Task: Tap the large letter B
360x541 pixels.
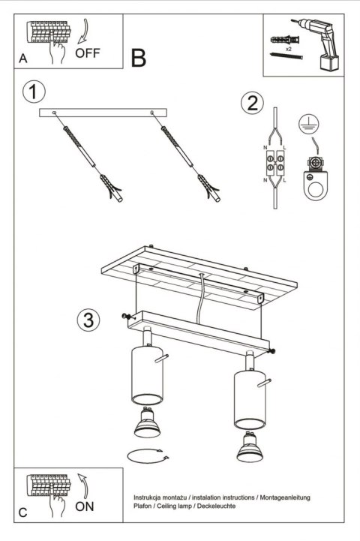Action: click(x=139, y=57)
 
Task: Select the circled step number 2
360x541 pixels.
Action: click(x=252, y=103)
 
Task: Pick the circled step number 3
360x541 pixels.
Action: click(x=88, y=320)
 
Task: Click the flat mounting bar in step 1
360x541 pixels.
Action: click(x=103, y=112)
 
